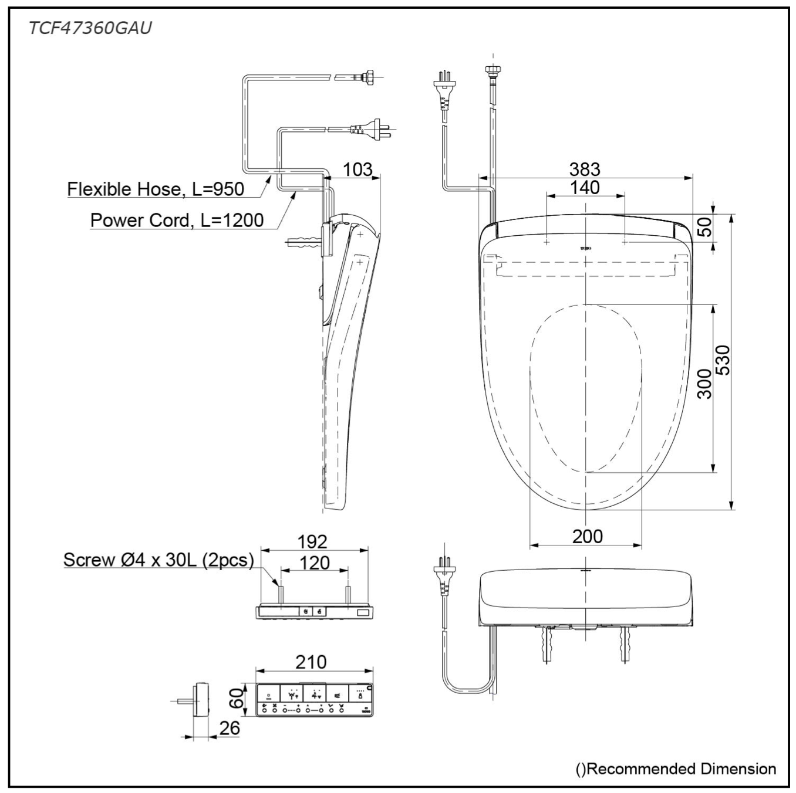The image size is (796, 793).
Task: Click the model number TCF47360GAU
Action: [90, 28]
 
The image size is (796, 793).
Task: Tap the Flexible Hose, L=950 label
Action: [156, 189]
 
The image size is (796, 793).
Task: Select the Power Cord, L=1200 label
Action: [177, 220]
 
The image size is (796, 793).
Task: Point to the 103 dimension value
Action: [357, 170]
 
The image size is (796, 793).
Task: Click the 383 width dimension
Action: [585, 170]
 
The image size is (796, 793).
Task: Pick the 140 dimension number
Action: [585, 188]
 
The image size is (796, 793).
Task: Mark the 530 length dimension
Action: [723, 360]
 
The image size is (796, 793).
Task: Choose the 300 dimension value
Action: [704, 384]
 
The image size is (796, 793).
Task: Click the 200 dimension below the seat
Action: [588, 537]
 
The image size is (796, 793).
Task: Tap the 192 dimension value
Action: [312, 541]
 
